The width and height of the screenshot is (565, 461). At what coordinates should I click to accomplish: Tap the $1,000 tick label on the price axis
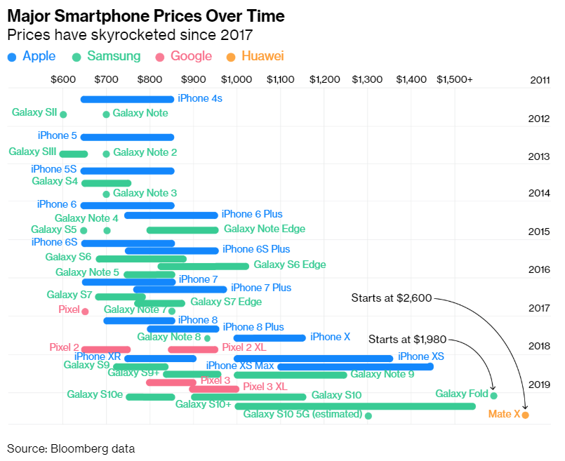(x=237, y=80)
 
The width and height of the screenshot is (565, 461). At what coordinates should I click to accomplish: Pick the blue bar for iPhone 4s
(x=127, y=99)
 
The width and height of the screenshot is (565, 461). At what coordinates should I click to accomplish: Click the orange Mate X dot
(x=525, y=415)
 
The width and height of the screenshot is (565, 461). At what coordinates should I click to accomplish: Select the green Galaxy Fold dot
(x=493, y=396)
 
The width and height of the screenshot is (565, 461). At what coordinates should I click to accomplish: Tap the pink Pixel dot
(x=85, y=311)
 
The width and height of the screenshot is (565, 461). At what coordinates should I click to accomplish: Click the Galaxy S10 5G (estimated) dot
(x=368, y=415)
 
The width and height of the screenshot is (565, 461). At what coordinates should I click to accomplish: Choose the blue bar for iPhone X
(x=270, y=338)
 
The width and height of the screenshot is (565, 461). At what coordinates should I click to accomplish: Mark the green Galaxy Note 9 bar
(x=291, y=375)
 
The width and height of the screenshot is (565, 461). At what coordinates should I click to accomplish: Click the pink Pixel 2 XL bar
(x=192, y=349)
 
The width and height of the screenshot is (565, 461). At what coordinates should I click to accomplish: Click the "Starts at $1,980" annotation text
(x=407, y=340)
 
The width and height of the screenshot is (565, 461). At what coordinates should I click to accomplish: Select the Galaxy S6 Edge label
(x=289, y=265)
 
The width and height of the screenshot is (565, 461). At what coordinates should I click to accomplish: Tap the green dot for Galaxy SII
(x=63, y=114)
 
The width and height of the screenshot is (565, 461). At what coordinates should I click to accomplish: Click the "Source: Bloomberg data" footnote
(x=71, y=448)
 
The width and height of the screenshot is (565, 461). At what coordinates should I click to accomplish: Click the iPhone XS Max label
(x=240, y=366)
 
